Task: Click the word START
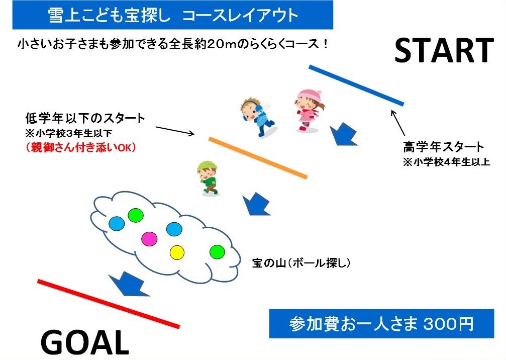444,50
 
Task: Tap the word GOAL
85,342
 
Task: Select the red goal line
109,304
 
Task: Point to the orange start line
258,157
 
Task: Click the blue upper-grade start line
356,85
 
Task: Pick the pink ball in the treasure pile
149,239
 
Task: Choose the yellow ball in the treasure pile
177,252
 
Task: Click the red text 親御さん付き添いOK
81,147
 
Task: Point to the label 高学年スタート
443,147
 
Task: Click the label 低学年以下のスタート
85,118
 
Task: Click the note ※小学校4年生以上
446,162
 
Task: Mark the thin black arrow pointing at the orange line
175,131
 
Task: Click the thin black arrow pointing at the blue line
397,123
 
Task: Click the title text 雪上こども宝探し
109,15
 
